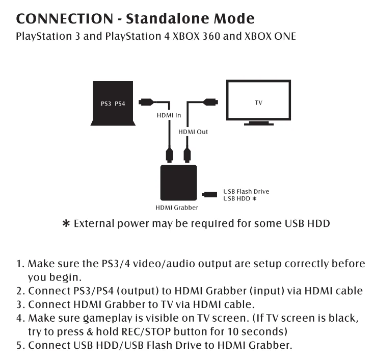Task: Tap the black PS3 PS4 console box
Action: click(x=113, y=103)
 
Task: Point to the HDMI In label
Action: click(x=168, y=115)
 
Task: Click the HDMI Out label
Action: click(x=193, y=132)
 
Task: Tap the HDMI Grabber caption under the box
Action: click(x=176, y=208)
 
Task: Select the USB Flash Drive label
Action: click(x=246, y=191)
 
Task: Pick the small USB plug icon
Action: click(x=209, y=194)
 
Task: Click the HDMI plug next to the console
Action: click(x=146, y=101)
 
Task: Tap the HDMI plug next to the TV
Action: click(x=210, y=101)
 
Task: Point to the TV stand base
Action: click(x=258, y=123)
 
